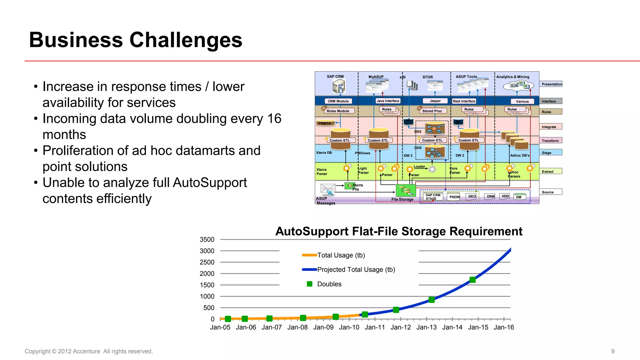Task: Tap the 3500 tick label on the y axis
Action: pos(207,240)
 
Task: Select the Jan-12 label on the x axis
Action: pos(401,327)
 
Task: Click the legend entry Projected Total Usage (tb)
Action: pos(356,270)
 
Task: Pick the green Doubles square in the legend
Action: pos(310,284)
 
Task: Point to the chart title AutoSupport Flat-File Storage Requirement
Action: pos(399,232)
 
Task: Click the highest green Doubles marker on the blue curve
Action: pos(472,280)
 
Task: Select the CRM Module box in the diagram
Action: pos(338,101)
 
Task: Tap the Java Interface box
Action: pos(388,101)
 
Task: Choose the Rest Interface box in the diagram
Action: pos(464,101)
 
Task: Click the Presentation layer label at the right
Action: pos(552,84)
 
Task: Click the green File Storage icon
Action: pos(406,190)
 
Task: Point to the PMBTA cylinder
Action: pos(325,123)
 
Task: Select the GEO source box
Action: pos(472,197)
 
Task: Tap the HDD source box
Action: pos(505,196)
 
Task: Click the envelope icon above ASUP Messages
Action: pos(328,189)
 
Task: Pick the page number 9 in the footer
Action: pos(613,351)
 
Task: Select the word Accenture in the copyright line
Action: pos(86,351)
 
